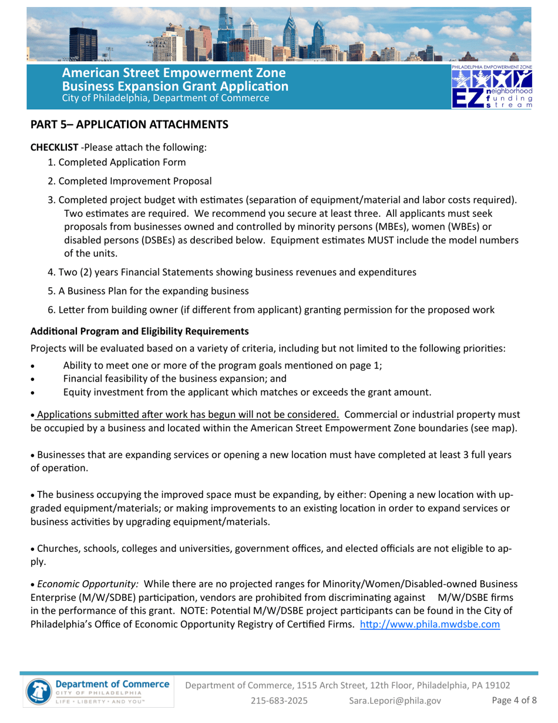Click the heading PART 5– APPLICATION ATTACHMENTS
129,125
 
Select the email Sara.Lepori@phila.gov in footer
395,700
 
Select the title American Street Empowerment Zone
174,73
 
